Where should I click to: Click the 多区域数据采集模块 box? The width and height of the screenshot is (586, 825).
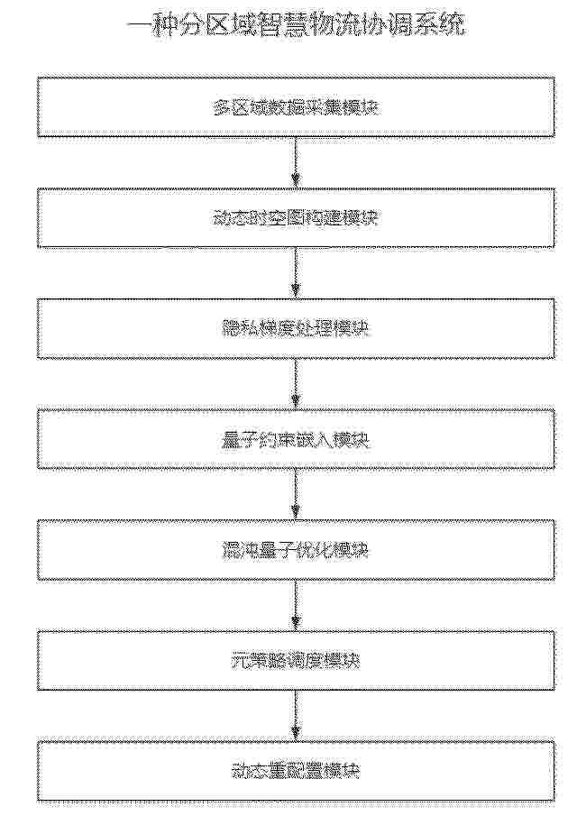(x=295, y=108)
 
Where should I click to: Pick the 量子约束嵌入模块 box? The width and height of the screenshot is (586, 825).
(x=295, y=440)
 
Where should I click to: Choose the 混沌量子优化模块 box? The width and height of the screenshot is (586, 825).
(x=295, y=550)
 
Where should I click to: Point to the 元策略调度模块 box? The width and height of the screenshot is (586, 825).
(x=295, y=661)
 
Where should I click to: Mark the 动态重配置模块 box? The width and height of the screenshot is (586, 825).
(x=295, y=771)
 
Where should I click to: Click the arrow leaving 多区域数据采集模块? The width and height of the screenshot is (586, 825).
(x=295, y=163)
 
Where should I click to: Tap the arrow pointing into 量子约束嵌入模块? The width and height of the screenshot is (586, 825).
(x=295, y=384)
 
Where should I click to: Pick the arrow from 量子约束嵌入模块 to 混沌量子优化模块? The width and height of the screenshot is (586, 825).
(x=295, y=495)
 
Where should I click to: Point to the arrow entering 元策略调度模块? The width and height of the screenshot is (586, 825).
(x=295, y=605)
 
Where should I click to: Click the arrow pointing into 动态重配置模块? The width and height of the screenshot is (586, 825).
(x=295, y=716)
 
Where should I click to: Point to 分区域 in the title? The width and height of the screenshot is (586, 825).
(x=225, y=26)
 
